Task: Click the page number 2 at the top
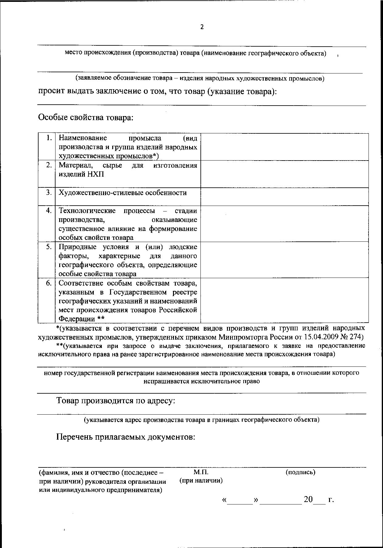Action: [x=202, y=27]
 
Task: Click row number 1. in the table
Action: [x=49, y=138]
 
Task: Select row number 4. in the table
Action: [x=49, y=211]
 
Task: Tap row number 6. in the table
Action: [x=49, y=283]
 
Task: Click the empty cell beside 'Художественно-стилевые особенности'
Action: [x=284, y=197]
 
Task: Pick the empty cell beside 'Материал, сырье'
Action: [x=284, y=174]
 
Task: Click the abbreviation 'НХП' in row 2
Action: [x=95, y=174]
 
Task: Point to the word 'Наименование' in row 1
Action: [x=83, y=138]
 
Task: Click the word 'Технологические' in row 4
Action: [x=87, y=211]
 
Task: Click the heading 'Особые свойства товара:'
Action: [x=86, y=118]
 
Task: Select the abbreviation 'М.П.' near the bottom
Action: [x=201, y=472]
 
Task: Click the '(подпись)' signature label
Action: [x=300, y=472]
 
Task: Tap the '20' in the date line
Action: [x=308, y=500]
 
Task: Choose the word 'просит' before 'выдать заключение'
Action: [x=50, y=92]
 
